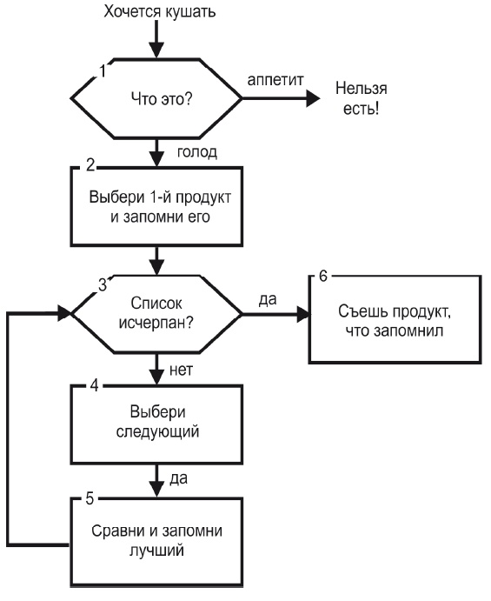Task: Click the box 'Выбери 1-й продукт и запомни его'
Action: point(156,206)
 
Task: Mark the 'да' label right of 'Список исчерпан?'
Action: point(269,299)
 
